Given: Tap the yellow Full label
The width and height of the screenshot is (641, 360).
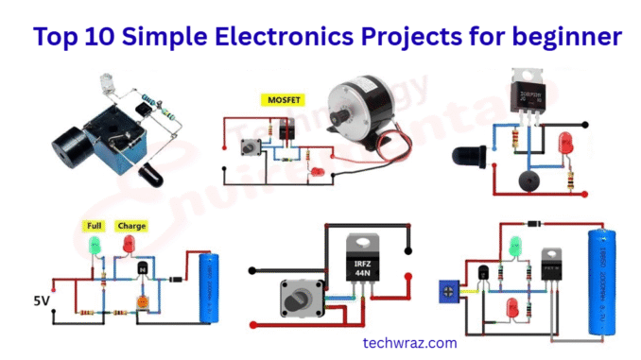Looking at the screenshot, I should tap(95, 226).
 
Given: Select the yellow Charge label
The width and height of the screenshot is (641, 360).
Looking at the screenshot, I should tap(130, 226).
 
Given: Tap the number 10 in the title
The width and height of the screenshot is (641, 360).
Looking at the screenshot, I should tap(107, 37).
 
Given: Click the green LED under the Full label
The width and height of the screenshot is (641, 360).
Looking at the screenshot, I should tap(95, 246).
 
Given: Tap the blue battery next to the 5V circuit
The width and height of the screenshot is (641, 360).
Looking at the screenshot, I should tap(201, 287).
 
